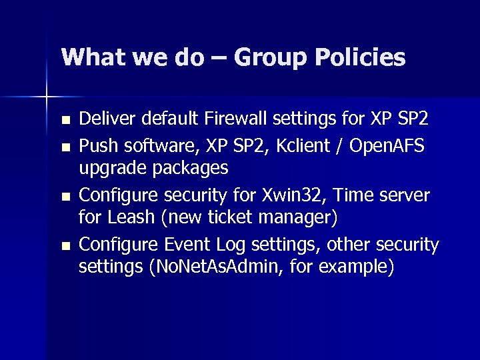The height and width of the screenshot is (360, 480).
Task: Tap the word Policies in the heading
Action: (360, 58)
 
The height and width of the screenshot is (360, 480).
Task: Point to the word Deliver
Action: (105, 119)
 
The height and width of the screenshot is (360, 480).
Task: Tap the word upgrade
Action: (112, 168)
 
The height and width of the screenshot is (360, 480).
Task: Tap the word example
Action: (355, 268)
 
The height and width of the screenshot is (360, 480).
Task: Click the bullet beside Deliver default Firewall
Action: (64, 121)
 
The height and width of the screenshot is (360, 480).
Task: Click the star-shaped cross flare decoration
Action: (47, 97)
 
